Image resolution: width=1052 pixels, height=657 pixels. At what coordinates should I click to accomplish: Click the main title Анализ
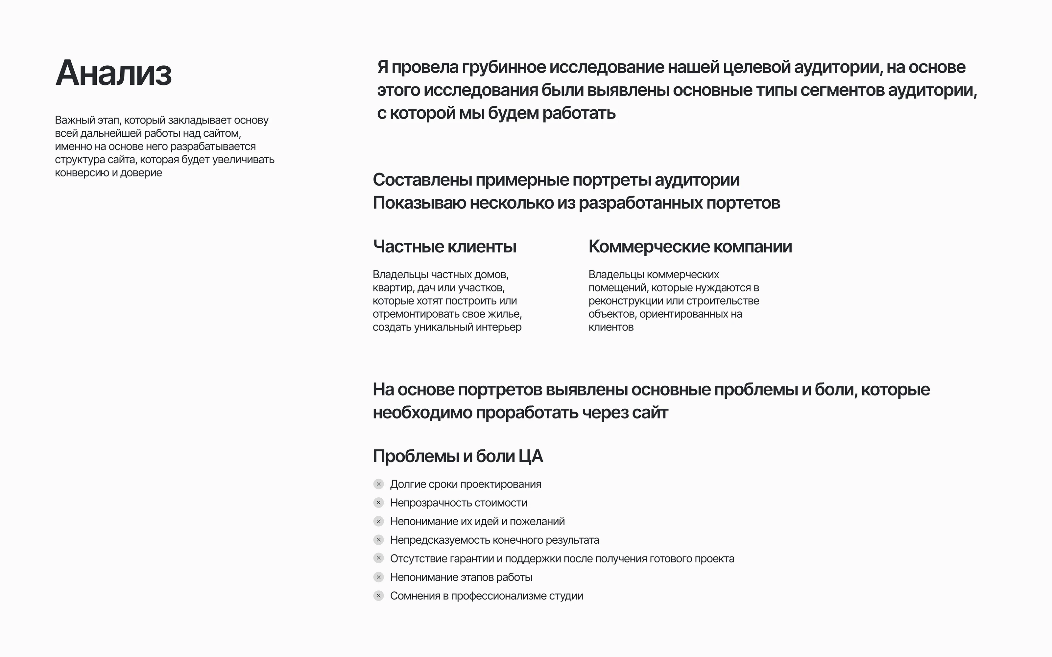pyautogui.click(x=113, y=73)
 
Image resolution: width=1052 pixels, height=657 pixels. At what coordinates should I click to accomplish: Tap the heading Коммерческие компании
pyautogui.click(x=690, y=246)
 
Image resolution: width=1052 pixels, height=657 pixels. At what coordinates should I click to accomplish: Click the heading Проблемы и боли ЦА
pyautogui.click(x=458, y=456)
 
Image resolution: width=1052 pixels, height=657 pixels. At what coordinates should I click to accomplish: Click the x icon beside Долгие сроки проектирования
pyautogui.click(x=379, y=484)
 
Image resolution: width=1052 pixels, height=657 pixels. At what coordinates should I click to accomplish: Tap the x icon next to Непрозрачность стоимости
pyautogui.click(x=379, y=503)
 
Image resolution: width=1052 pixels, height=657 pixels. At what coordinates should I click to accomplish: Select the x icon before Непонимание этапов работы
pyautogui.click(x=379, y=577)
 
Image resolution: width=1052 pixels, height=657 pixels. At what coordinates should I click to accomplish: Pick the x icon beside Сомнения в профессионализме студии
pyautogui.click(x=379, y=596)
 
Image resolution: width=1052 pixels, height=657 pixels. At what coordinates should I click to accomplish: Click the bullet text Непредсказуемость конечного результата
pyautogui.click(x=494, y=540)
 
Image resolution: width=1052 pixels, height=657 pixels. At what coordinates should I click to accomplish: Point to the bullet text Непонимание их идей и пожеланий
pyautogui.click(x=477, y=521)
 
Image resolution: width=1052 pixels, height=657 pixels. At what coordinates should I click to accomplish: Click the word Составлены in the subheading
pyautogui.click(x=422, y=180)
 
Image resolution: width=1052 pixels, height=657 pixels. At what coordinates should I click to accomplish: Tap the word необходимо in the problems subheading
pyautogui.click(x=422, y=413)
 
